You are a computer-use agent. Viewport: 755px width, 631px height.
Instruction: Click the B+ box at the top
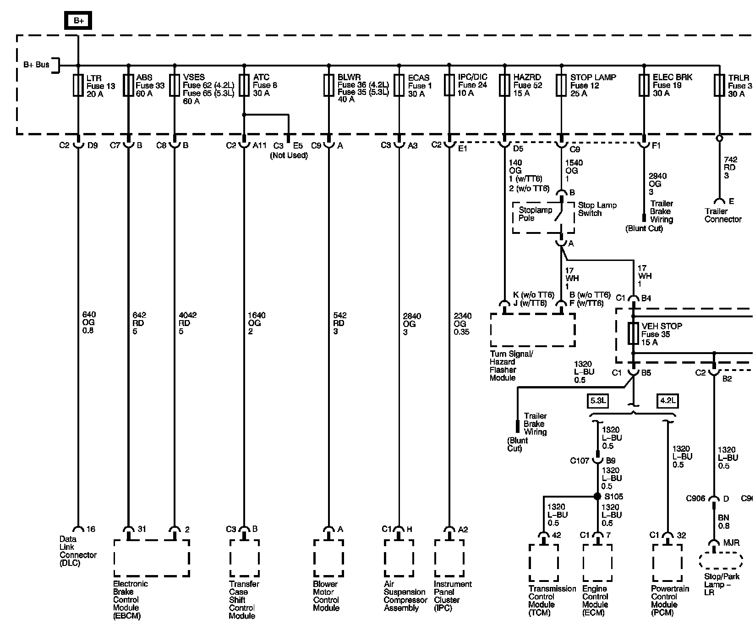(x=78, y=21)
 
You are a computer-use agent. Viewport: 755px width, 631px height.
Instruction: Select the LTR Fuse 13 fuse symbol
(x=78, y=86)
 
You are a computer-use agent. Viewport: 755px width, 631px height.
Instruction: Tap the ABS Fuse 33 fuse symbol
(x=128, y=86)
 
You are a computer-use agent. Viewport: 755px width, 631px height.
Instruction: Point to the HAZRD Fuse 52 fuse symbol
(x=504, y=86)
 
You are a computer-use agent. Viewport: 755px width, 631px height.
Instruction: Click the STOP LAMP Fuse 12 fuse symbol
(x=562, y=86)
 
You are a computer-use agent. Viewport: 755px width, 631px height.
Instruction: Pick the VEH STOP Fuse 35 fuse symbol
(x=634, y=334)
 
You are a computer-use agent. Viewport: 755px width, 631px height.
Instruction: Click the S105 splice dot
(x=597, y=497)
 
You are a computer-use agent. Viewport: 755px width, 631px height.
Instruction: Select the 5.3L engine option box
(x=598, y=401)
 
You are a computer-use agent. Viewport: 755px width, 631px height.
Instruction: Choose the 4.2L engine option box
(x=667, y=401)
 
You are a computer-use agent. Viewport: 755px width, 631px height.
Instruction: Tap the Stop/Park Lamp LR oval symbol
(x=721, y=561)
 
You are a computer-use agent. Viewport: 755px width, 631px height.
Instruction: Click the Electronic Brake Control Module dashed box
(x=151, y=558)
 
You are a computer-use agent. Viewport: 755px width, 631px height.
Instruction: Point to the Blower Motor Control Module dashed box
(x=328, y=558)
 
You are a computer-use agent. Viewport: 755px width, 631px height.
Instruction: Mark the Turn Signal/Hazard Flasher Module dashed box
(x=533, y=330)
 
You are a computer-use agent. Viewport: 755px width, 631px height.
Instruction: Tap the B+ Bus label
(x=36, y=65)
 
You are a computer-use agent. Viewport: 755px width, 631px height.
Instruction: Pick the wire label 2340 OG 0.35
(x=461, y=323)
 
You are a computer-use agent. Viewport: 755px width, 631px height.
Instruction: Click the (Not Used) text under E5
(x=289, y=155)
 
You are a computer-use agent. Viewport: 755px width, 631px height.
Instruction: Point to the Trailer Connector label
(x=722, y=215)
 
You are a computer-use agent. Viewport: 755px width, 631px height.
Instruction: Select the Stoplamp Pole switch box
(x=543, y=217)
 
